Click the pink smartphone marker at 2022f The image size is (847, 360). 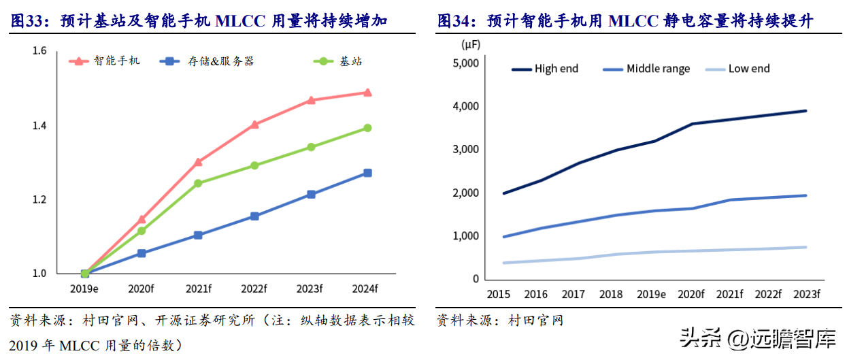point(254,125)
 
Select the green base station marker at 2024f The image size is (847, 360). point(367,128)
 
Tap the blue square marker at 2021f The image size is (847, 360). point(198,235)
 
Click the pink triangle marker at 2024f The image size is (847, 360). point(367,93)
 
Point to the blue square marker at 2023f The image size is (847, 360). point(311,195)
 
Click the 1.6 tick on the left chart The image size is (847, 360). point(39,52)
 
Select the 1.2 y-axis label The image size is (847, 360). point(39,200)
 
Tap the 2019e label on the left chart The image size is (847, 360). point(85,289)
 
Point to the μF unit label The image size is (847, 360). point(471,45)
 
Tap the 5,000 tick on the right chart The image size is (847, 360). point(466,63)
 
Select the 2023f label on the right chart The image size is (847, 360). point(806,295)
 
